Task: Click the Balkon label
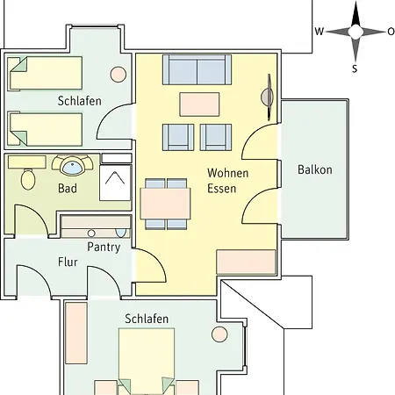coord(315,169)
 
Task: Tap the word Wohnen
coord(228,173)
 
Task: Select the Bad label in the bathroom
coord(68,189)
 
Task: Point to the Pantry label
coord(104,248)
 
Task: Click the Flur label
coord(68,262)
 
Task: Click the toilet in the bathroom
coord(28,179)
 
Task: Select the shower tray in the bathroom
coord(115,183)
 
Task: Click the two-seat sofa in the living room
coord(197,69)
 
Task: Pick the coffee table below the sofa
coord(199,104)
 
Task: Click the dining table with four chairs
coord(165,204)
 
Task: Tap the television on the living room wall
coord(268,97)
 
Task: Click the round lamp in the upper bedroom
coord(118,75)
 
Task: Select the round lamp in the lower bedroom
coord(219,334)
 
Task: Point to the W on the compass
coord(320,32)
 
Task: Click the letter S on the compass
coord(355,68)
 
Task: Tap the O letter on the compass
coord(391,32)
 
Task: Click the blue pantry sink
coord(121,233)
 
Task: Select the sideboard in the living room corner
coord(246,262)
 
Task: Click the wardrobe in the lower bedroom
coord(76,334)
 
